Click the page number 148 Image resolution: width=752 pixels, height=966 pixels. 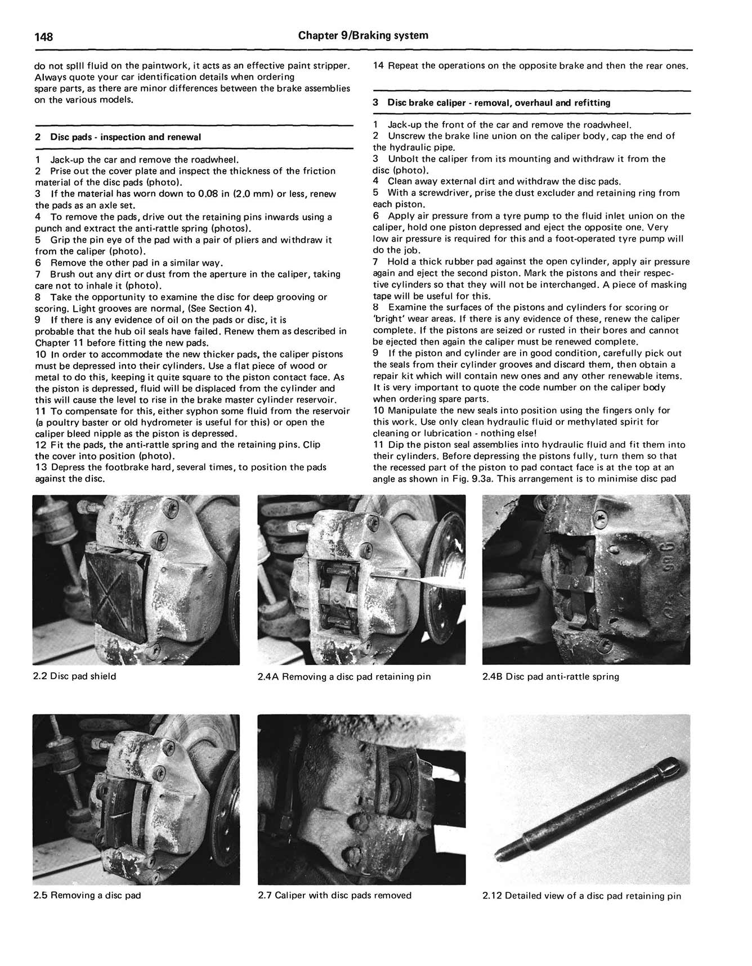[44, 37]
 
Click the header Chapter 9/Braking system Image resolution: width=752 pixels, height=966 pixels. [363, 35]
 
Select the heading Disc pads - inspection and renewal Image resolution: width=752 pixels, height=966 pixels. [125, 137]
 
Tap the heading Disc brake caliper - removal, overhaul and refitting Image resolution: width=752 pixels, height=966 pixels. [499, 102]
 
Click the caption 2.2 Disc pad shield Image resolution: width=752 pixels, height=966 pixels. [74, 676]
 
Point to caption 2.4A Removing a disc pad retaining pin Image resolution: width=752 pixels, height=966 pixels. [344, 676]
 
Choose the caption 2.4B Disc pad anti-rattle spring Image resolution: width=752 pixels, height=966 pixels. [550, 676]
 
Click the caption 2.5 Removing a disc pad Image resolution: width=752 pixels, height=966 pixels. [87, 895]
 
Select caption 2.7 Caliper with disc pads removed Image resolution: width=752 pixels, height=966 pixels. [334, 895]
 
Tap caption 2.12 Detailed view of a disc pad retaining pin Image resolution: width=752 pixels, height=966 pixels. [581, 896]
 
